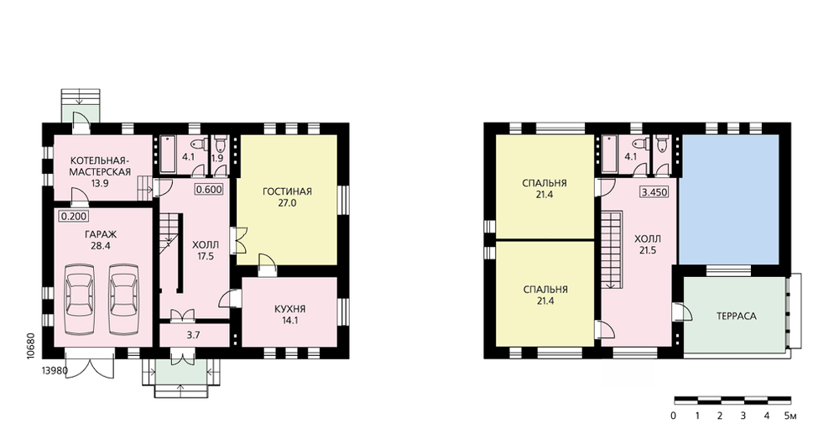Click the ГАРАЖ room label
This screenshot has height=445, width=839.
coord(100,234)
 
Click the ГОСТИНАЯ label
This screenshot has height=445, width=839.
coord(287,191)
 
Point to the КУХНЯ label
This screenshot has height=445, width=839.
coord(289,309)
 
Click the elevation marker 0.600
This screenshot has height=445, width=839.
coord(209,190)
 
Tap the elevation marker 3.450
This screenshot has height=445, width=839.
coord(654,191)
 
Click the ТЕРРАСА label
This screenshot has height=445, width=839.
coord(737,316)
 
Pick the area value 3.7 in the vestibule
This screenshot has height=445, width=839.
coord(193,335)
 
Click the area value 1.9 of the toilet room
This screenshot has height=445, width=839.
coord(216,158)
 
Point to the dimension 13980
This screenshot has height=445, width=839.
coord(55,370)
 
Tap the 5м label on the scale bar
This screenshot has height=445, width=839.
coord(789,416)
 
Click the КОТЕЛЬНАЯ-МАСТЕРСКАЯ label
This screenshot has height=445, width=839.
coord(100,166)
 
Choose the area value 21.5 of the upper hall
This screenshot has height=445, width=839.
coord(647,250)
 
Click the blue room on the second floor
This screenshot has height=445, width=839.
coord(728,199)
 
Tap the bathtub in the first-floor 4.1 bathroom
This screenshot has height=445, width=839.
coord(168,155)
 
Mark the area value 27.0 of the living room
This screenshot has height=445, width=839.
coord(287,203)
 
